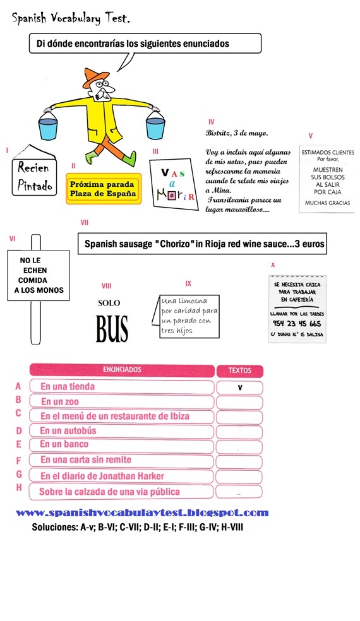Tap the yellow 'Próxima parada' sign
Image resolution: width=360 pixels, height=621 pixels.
point(104,188)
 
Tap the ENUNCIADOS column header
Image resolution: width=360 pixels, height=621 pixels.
point(122,369)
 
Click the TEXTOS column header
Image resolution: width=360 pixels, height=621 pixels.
point(239,371)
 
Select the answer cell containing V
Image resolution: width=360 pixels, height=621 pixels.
point(239,387)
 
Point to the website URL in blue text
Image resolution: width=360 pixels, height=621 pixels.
point(142,513)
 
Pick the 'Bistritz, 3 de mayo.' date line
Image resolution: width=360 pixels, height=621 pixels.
point(236,133)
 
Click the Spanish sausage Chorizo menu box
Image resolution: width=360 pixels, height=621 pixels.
point(202,243)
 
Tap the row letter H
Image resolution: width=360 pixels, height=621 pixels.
point(19,487)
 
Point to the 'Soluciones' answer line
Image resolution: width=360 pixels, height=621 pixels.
point(137,526)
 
